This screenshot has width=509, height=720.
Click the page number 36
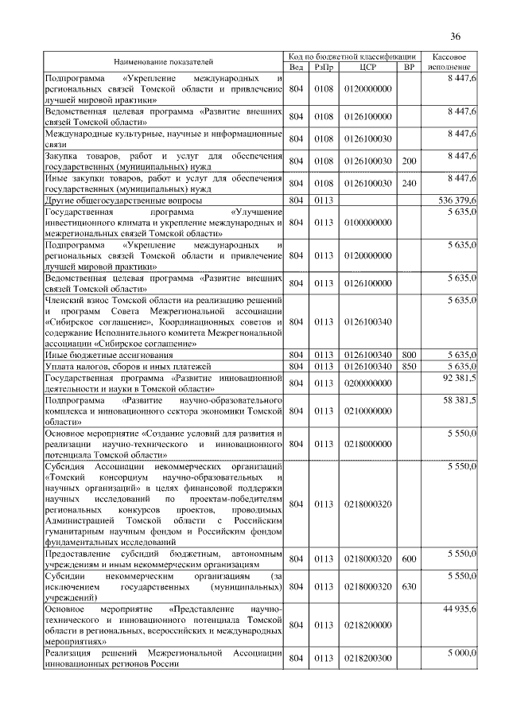coord(456,36)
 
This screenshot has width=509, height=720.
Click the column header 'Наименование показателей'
coord(163,61)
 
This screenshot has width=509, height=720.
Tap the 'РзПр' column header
coord(323,67)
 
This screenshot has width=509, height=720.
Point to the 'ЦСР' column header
coord(367,67)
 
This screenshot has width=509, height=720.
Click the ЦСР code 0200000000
coord(368,383)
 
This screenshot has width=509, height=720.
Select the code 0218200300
coord(368,659)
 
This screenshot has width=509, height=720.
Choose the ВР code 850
coord(409,366)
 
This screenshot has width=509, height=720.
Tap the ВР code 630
coord(409,586)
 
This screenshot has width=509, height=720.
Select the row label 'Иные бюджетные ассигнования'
coord(106,354)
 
